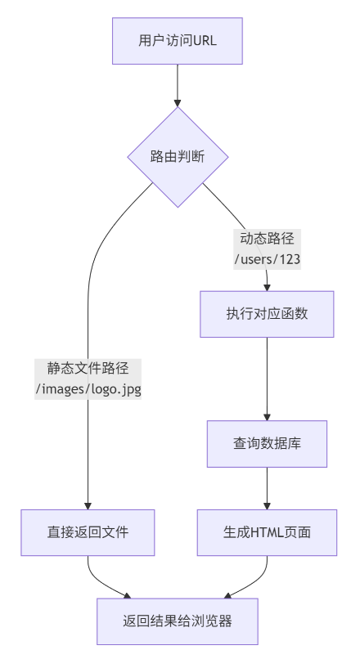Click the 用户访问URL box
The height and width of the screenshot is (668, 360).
[177, 41]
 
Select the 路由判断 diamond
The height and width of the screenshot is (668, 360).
[177, 156]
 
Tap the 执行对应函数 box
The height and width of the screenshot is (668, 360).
[267, 314]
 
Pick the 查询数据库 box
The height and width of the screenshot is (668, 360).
[267, 443]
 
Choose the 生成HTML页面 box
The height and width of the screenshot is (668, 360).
[267, 532]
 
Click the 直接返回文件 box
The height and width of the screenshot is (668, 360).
[88, 532]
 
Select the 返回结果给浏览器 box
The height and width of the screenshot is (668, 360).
[177, 621]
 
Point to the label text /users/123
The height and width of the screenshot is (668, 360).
[267, 259]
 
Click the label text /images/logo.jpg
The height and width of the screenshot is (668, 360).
[88, 389]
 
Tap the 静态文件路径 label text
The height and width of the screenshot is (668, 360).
[88, 368]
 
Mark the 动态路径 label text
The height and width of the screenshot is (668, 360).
[267, 239]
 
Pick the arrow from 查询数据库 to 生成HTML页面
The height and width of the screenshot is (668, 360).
[267, 487]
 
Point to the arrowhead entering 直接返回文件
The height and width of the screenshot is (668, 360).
[88, 504]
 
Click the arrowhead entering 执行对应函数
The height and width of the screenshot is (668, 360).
[267, 286]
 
